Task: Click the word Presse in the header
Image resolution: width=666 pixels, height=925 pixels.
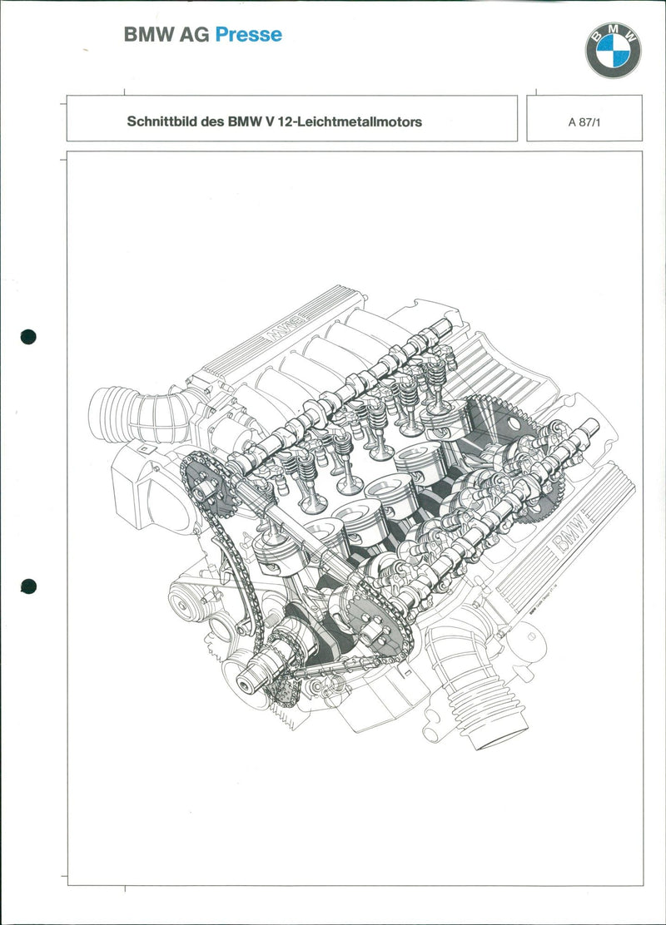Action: (248, 35)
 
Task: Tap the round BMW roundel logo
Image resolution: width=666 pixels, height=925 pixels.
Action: (614, 51)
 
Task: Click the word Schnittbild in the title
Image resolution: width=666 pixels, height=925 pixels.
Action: (161, 121)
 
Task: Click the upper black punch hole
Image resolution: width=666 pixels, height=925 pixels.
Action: (29, 337)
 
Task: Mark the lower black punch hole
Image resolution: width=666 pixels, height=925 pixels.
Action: (29, 586)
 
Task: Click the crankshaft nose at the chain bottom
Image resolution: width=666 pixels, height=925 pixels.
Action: (248, 685)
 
